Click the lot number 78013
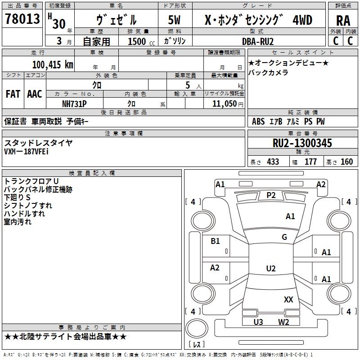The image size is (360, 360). pos(22,19)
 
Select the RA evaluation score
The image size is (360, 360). pos(343,21)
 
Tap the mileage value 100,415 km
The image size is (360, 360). pos(53,65)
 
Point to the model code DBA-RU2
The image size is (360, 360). pos(258,41)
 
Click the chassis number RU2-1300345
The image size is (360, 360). pos(302,143)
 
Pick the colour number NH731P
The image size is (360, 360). pos(74,104)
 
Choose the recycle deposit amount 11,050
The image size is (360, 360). pos(224,104)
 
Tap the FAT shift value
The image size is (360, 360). pos(13,94)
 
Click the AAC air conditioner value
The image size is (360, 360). pos(35,94)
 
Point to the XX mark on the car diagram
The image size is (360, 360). pos(288,299)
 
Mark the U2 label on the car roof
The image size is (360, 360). pos(271,268)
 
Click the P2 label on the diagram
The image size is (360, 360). pos(271,195)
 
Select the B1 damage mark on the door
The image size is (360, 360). pos(215,241)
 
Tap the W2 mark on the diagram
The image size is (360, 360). pos(283,322)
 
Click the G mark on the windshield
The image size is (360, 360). pos(284,237)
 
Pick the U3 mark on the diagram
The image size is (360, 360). pos(258,322)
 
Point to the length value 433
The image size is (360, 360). pos(273,162)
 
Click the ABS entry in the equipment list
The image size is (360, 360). pos(258,121)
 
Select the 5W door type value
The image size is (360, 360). pos(174,20)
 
